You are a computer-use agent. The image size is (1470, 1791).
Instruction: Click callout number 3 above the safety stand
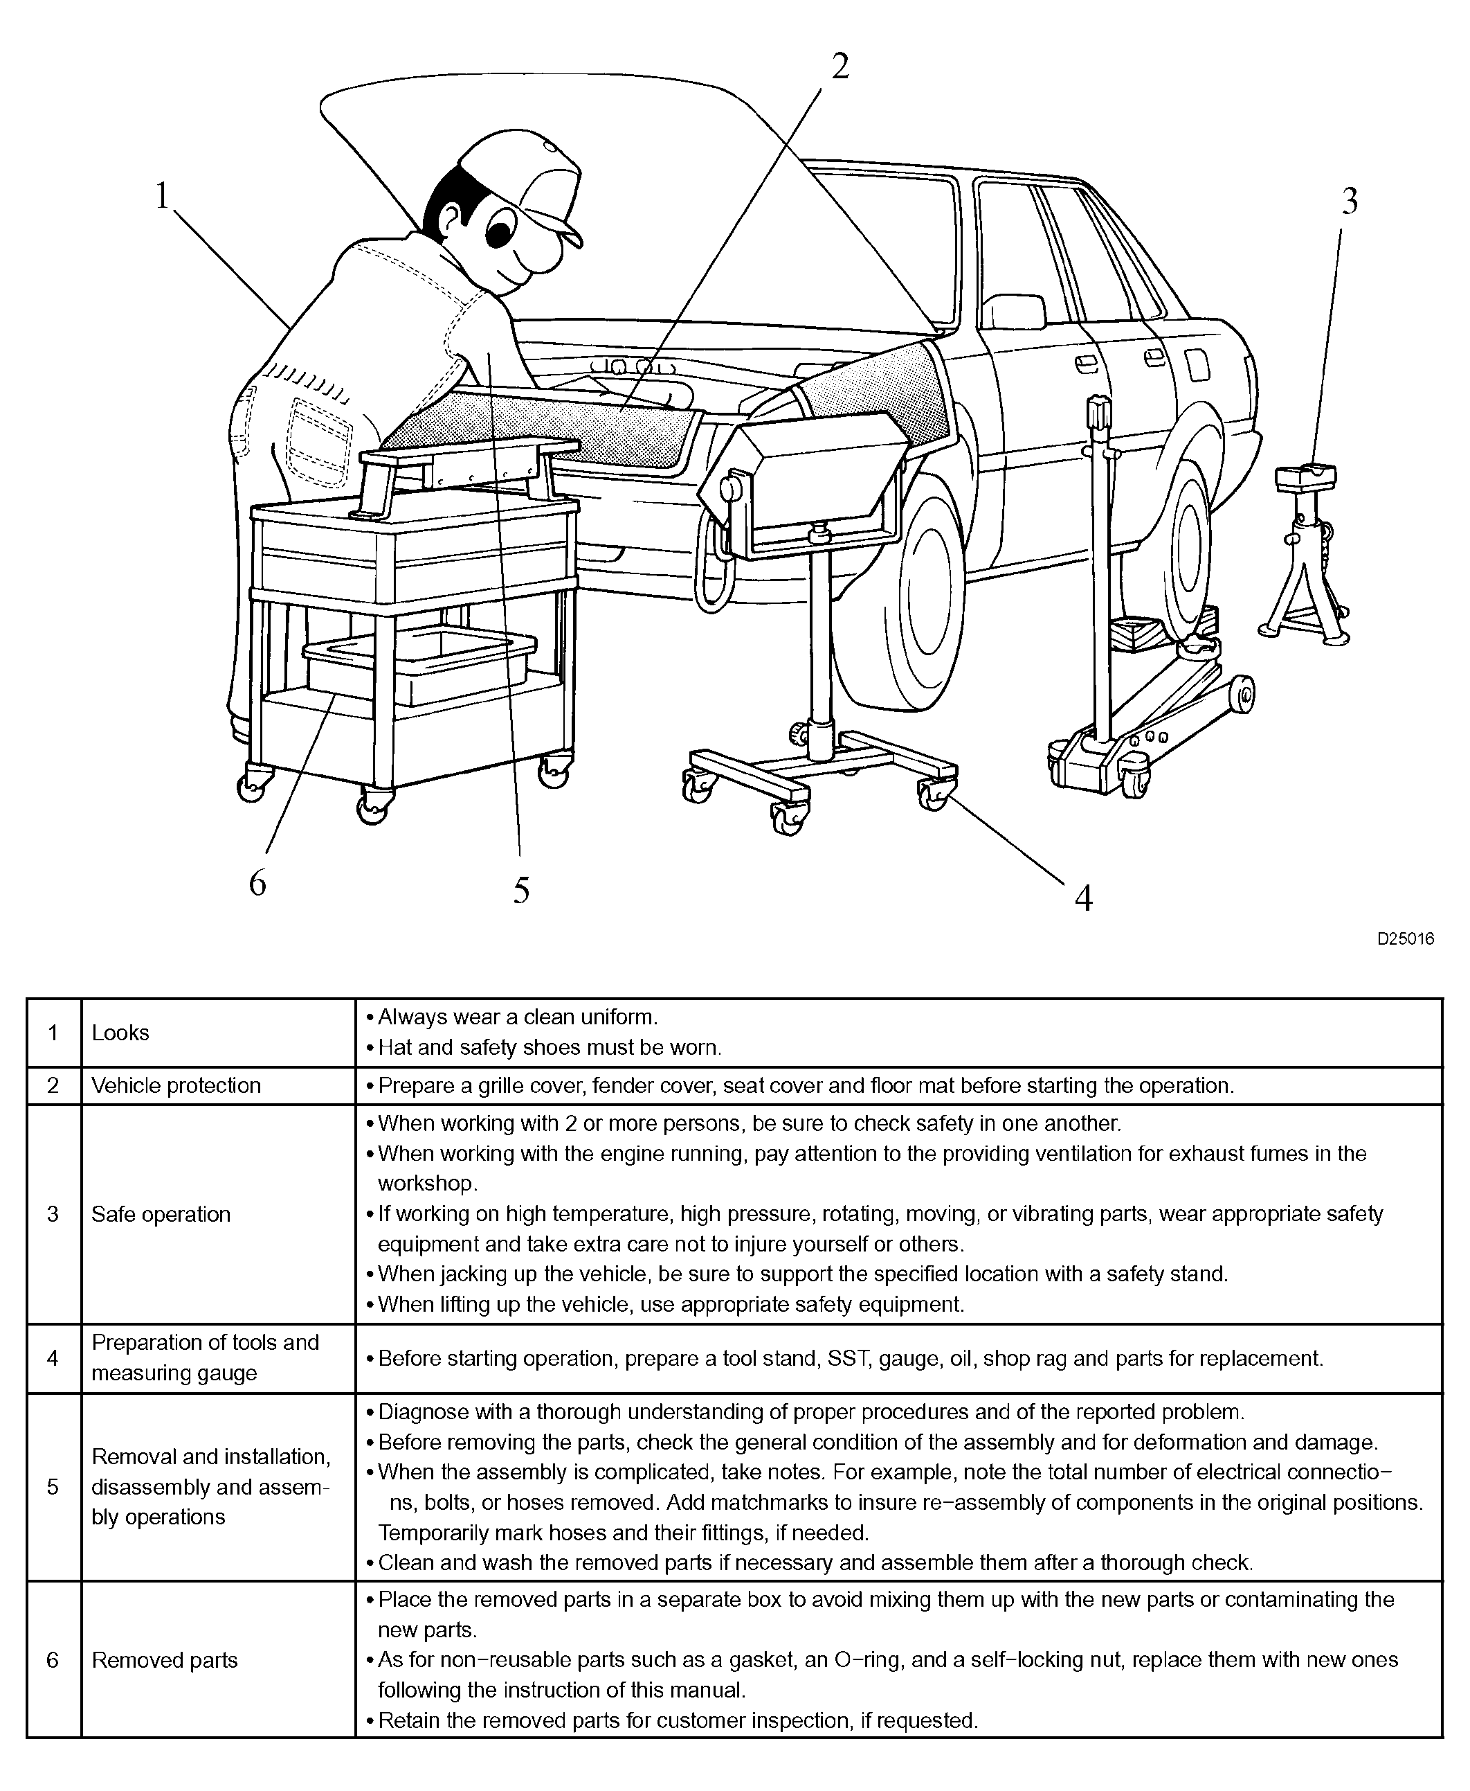[1350, 202]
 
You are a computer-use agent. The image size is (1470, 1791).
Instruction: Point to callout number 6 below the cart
[257, 883]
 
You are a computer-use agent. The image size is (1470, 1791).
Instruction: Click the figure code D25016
[1405, 938]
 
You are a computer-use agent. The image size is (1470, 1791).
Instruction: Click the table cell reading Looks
[120, 1033]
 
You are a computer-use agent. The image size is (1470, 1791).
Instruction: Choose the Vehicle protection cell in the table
[176, 1085]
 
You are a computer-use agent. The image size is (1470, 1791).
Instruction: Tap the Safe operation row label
[161, 1214]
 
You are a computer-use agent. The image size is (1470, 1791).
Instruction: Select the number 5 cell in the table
[53, 1487]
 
